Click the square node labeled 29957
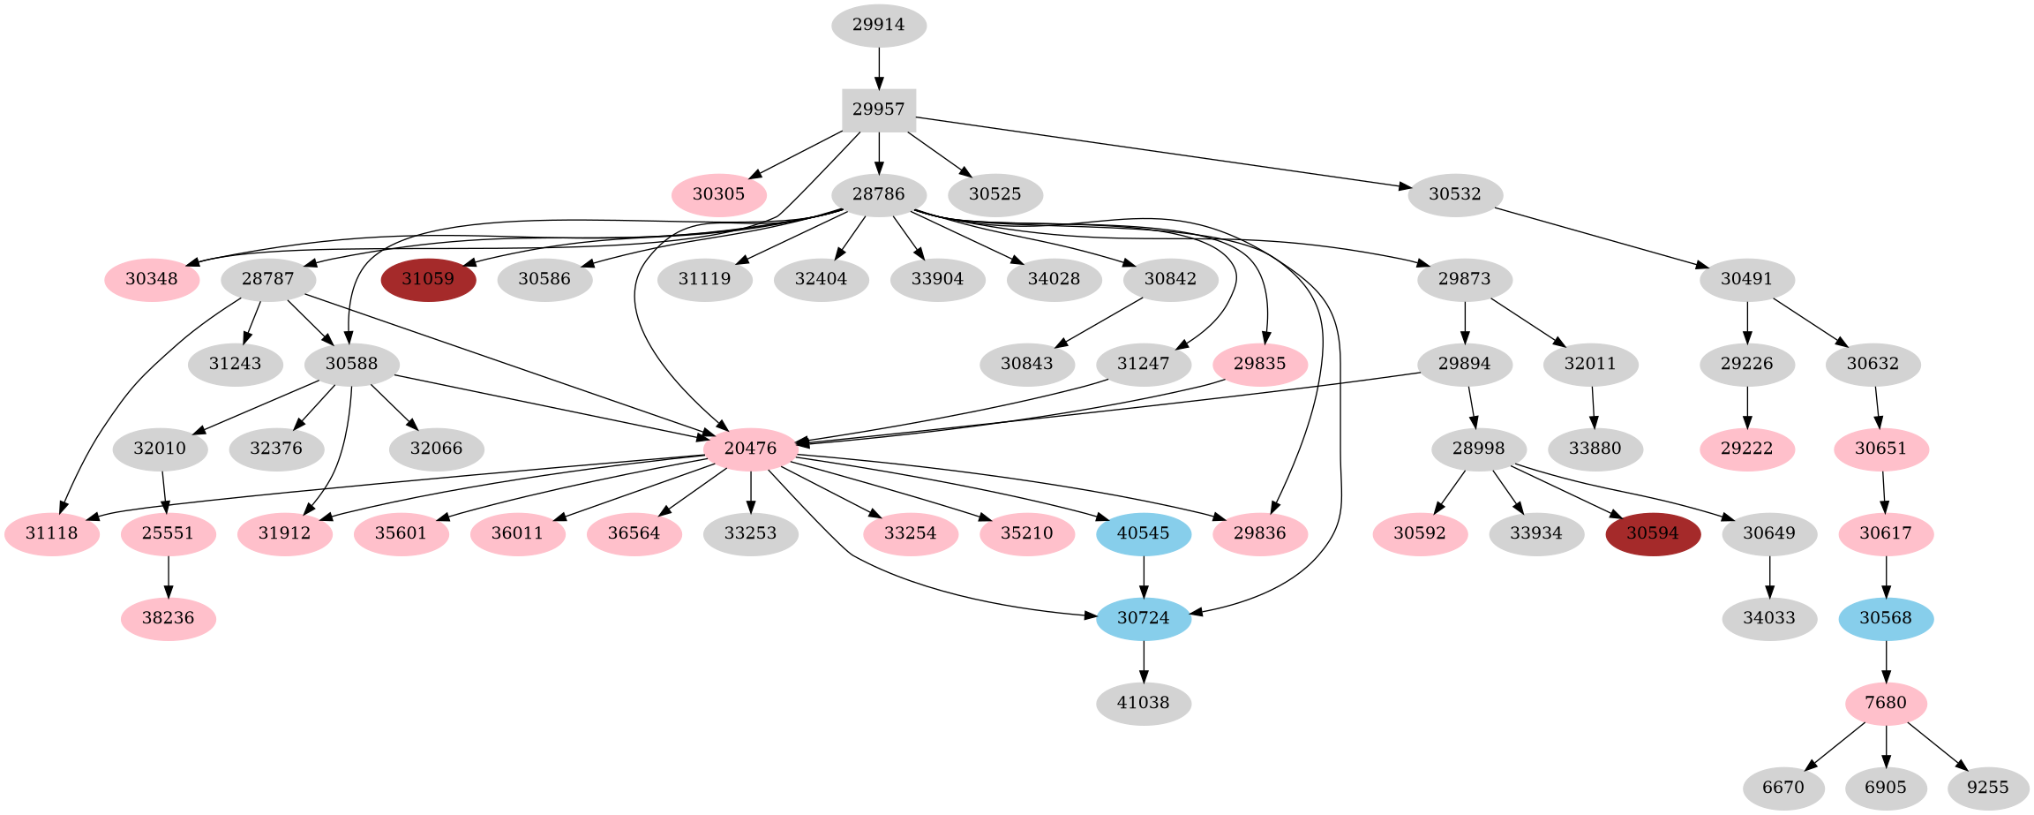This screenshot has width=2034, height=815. coord(878,109)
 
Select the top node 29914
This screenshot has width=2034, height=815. coord(878,25)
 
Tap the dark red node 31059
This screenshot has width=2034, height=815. coord(429,279)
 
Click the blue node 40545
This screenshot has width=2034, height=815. coord(1144,533)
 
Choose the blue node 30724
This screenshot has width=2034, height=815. coord(1144,618)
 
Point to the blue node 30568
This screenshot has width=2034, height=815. coord(1886,618)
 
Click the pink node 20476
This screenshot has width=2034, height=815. coord(751,449)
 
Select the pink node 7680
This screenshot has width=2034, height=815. coord(1886,703)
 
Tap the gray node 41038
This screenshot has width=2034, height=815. coord(1144,703)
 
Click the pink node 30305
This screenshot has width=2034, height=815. coord(719,194)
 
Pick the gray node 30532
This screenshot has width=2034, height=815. coord(1455,194)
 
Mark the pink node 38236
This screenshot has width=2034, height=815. coord(169,618)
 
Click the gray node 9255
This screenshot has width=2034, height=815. coord(1987,788)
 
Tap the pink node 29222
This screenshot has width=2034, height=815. coord(1747,449)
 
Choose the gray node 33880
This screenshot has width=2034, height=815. coord(1595,449)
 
